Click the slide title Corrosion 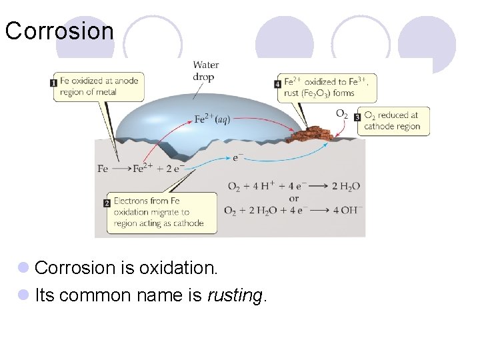point(59,31)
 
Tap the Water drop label point(205,71)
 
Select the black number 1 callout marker point(53,83)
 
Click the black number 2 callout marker point(107,203)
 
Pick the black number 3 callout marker point(357,117)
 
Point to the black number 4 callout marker point(277,84)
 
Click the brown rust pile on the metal point(311,134)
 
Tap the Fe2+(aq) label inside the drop point(212,119)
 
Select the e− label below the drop point(238,158)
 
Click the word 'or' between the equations point(293,198)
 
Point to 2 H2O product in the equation point(345,186)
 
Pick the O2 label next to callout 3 point(341,115)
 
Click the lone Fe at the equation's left point(103,169)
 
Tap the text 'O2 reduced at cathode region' point(392,121)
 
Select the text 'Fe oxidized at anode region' point(99,86)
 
